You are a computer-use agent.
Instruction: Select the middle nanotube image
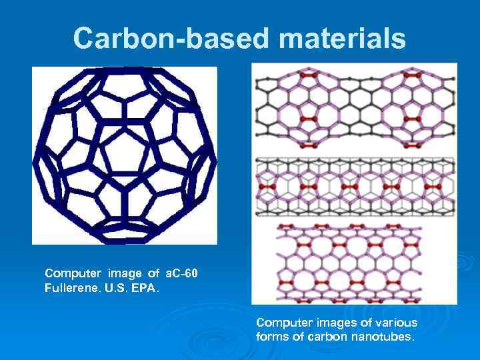(x=354, y=187)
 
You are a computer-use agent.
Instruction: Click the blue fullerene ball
(x=125, y=155)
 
